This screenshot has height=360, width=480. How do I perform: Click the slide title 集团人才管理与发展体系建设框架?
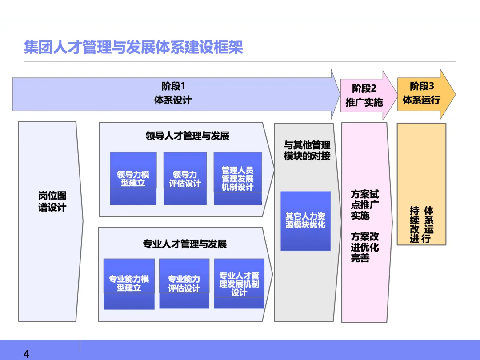[133, 47]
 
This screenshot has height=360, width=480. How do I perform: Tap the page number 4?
[26, 354]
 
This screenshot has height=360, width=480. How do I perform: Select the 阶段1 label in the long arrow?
[173, 86]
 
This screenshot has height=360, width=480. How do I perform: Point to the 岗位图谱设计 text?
[52, 202]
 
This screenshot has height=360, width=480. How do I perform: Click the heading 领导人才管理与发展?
[187, 136]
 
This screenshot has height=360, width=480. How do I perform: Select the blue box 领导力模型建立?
[133, 179]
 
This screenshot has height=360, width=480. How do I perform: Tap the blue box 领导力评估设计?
[185, 179]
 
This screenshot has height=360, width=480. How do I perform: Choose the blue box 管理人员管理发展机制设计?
[237, 179]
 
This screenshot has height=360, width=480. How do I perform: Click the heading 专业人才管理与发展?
[185, 244]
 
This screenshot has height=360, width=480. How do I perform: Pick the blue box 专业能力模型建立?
[129, 284]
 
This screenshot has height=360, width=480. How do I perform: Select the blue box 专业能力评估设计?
[184, 284]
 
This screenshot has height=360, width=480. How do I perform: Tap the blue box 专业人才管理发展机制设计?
[239, 284]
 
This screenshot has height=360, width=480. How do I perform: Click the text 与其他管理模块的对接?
[307, 150]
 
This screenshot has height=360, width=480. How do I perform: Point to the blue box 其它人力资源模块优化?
[305, 220]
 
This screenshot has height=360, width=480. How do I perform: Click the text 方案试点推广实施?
[365, 205]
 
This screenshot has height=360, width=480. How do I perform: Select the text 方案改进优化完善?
[365, 247]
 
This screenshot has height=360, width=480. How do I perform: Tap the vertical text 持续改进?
[415, 224]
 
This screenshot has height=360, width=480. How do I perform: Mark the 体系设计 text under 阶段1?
[173, 100]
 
